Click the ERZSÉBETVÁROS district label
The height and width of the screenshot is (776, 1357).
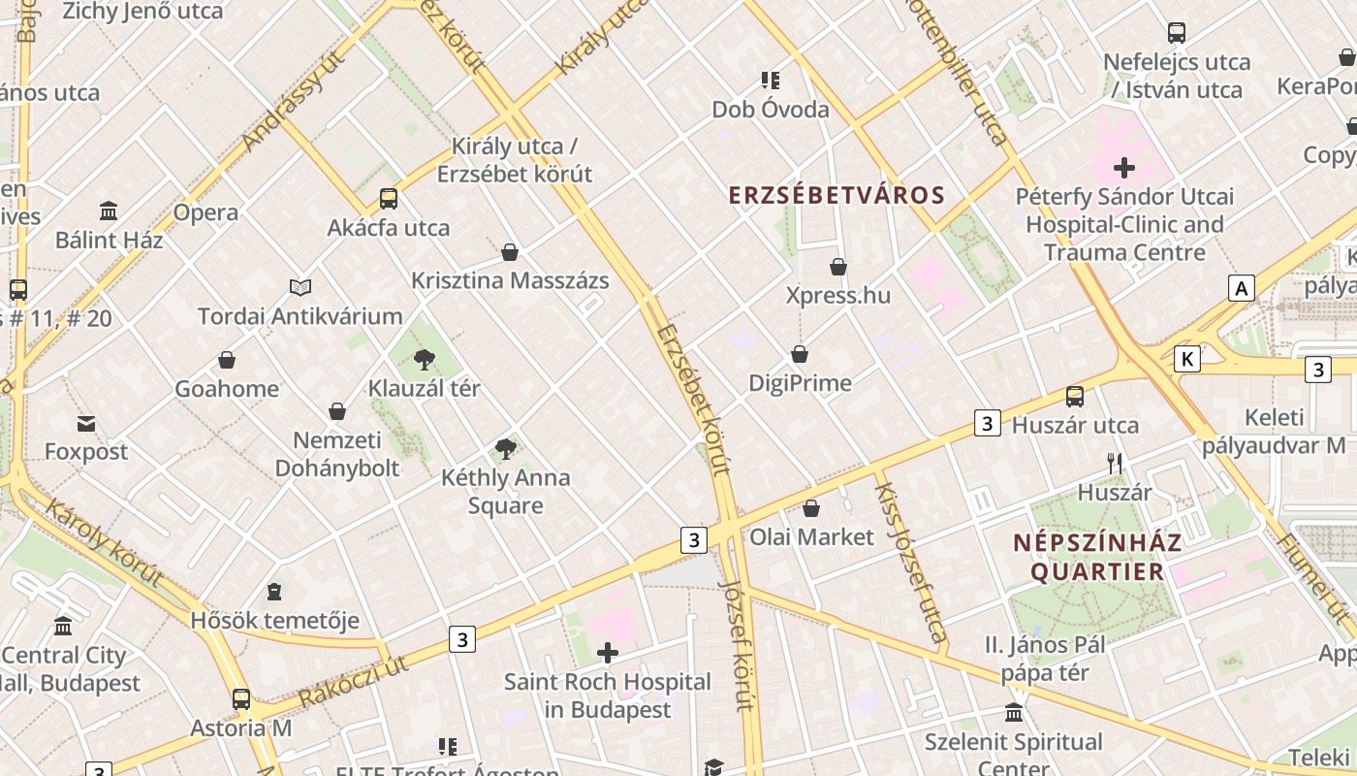(836, 195)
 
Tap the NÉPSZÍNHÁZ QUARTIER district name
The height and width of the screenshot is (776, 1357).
(1097, 557)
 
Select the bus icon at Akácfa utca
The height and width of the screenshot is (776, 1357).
(389, 199)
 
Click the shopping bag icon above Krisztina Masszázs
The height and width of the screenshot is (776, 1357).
(510, 252)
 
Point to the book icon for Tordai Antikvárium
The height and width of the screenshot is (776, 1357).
(300, 287)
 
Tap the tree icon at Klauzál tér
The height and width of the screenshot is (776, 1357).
(424, 360)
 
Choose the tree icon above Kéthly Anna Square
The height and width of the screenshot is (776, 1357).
(505, 448)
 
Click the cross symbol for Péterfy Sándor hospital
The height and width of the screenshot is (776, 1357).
(1124, 168)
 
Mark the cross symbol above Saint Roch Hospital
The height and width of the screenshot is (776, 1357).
(608, 653)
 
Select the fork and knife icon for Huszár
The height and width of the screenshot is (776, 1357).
(1115, 464)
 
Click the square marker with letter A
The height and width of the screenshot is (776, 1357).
(1241, 288)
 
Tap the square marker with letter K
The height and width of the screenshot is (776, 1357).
(1186, 359)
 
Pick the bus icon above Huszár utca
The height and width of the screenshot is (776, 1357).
(1075, 396)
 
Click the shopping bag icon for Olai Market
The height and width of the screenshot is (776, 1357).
(811, 508)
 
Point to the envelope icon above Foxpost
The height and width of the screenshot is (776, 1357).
(86, 423)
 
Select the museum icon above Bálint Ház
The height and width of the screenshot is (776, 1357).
(109, 210)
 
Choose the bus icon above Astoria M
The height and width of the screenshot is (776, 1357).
(240, 698)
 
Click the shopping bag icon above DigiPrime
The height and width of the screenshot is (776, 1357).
(800, 354)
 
